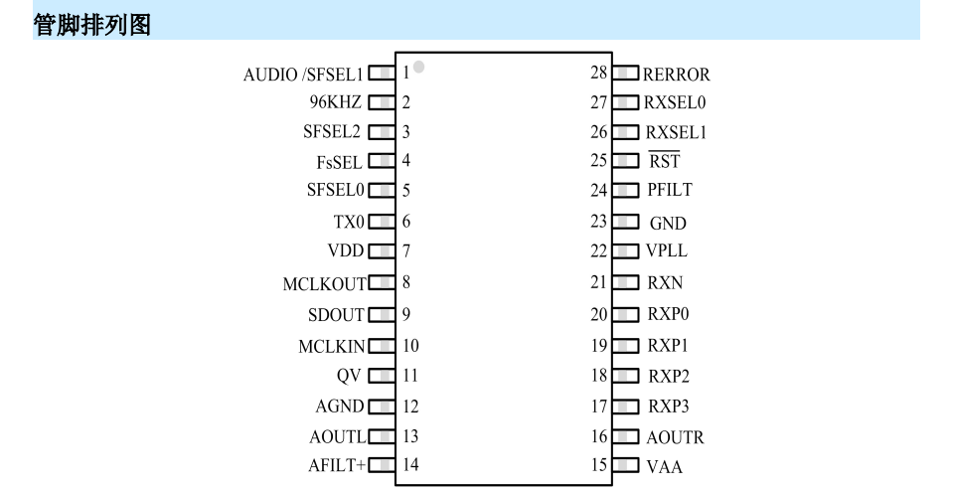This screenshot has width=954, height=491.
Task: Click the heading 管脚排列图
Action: (91, 25)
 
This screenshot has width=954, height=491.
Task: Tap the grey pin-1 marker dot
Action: (418, 67)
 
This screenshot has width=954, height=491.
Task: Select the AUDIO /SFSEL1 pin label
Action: (303, 75)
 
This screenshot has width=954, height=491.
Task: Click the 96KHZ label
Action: (335, 101)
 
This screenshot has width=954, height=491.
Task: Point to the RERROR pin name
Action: (676, 75)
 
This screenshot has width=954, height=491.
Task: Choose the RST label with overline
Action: (664, 161)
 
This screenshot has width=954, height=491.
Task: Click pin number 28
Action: (598, 73)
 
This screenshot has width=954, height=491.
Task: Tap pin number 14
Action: (410, 465)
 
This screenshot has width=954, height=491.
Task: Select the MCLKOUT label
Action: (324, 284)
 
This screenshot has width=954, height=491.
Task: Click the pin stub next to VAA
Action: (625, 466)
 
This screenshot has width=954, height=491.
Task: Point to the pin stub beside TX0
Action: (382, 221)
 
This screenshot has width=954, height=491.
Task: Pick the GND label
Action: (668, 224)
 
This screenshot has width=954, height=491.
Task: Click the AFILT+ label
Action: (337, 465)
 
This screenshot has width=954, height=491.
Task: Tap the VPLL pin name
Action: (667, 250)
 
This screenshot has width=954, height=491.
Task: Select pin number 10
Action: (410, 346)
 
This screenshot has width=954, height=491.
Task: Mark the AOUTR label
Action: (675, 437)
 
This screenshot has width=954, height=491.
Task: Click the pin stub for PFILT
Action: (625, 191)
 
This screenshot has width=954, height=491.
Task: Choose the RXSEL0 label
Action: (675, 102)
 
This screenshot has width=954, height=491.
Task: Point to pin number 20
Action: (598, 314)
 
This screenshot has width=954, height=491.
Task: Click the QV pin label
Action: (349, 376)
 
